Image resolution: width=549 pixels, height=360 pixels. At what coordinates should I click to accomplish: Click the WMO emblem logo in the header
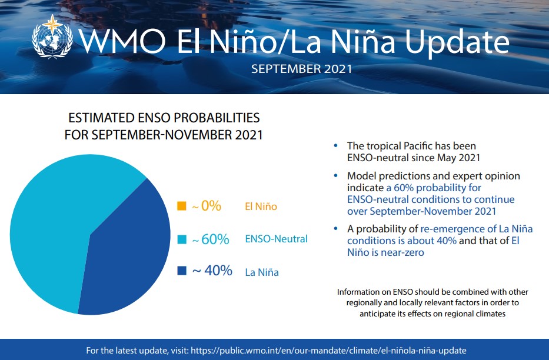point(52,36)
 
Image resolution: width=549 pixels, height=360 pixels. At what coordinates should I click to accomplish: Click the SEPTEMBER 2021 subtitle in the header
point(301,69)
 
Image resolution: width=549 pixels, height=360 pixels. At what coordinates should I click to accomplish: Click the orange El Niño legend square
point(182,206)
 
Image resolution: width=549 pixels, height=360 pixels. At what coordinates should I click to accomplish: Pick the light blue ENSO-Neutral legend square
point(182,239)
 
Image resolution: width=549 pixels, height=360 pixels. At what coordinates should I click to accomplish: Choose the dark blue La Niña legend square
point(182,271)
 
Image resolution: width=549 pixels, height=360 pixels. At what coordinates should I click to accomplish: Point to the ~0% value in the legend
point(207,206)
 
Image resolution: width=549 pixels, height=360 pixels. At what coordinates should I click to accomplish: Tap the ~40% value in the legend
point(212,271)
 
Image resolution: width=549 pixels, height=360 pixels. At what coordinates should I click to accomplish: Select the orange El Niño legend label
point(261,206)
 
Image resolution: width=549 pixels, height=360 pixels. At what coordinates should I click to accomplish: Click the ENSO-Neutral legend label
point(276,239)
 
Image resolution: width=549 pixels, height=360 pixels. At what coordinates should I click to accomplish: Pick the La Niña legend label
point(262,272)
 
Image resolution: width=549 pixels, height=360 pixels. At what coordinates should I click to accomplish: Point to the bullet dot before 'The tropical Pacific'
point(335,145)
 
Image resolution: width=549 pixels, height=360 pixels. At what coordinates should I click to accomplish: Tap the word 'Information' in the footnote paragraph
point(359,292)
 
